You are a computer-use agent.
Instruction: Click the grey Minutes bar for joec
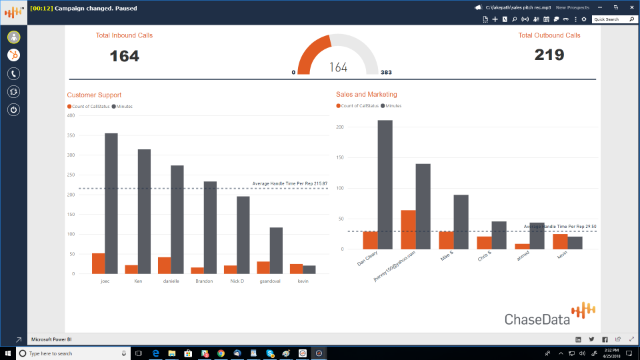click(x=111, y=203)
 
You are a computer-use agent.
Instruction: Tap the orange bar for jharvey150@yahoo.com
click(x=409, y=229)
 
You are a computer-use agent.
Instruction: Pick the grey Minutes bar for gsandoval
click(x=276, y=251)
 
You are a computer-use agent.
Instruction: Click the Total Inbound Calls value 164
click(x=125, y=56)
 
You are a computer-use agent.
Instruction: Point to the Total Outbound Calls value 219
click(x=549, y=55)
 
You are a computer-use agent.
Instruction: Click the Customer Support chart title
click(x=94, y=95)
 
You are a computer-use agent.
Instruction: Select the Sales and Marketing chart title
click(x=367, y=95)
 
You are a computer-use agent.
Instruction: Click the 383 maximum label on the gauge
click(x=386, y=72)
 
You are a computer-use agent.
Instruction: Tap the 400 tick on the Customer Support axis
click(x=71, y=115)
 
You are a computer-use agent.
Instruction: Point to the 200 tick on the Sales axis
click(x=340, y=127)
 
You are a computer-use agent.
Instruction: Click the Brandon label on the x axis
click(x=204, y=281)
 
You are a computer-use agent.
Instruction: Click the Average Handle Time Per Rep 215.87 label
click(x=289, y=183)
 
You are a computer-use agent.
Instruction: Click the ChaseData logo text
click(x=537, y=319)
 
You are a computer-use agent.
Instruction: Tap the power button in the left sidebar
click(x=13, y=109)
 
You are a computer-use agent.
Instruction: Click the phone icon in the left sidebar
click(x=13, y=73)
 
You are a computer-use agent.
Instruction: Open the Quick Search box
click(x=611, y=19)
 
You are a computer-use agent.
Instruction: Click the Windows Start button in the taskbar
click(x=7, y=353)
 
